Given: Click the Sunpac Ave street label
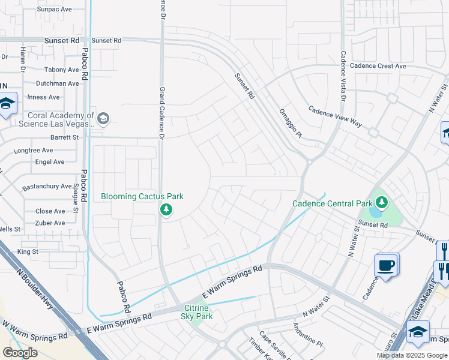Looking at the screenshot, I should (54, 10).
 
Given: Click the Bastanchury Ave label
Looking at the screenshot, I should (47, 187).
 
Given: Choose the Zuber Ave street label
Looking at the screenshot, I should (50, 223).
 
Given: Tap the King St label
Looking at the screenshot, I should (28, 252).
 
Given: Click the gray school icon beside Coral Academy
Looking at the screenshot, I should (103, 119).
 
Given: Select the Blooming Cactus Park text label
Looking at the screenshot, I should (142, 196).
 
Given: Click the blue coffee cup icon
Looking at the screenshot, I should (385, 265).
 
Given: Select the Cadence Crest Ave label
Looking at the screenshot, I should (378, 66).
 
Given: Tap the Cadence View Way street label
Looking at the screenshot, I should (336, 116).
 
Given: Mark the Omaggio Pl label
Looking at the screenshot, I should (291, 123).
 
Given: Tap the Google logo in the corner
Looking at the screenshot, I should (20, 353).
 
